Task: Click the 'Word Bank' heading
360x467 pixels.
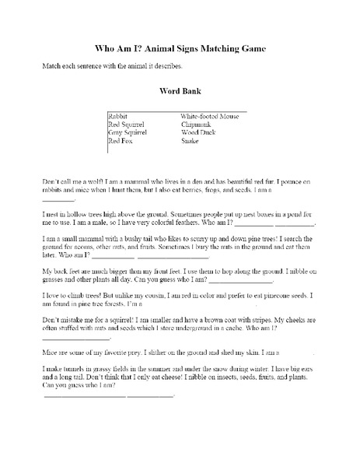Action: click(x=180, y=91)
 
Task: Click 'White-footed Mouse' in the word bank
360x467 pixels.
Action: click(x=208, y=115)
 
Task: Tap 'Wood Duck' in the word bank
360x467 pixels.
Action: click(x=197, y=132)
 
